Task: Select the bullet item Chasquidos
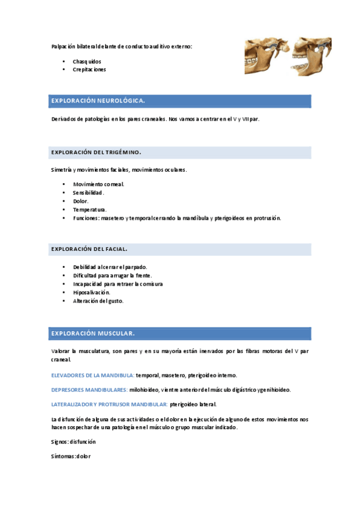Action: [87, 62]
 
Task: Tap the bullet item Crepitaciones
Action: [89, 70]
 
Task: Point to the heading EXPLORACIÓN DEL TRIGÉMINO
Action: [96, 152]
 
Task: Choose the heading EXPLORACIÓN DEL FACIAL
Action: [89, 248]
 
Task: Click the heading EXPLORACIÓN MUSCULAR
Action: [93, 333]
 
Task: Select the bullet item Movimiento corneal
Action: [98, 184]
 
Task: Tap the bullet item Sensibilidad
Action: [89, 193]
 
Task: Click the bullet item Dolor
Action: [81, 201]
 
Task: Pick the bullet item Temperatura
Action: [90, 209]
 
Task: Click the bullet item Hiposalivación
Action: [92, 292]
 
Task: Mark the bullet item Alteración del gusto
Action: [98, 301]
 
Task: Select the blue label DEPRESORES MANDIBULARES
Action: [89, 390]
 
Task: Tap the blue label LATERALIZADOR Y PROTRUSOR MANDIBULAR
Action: [109, 405]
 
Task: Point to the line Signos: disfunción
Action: [74, 441]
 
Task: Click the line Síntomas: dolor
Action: [71, 456]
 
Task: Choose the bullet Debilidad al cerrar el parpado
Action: [110, 267]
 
